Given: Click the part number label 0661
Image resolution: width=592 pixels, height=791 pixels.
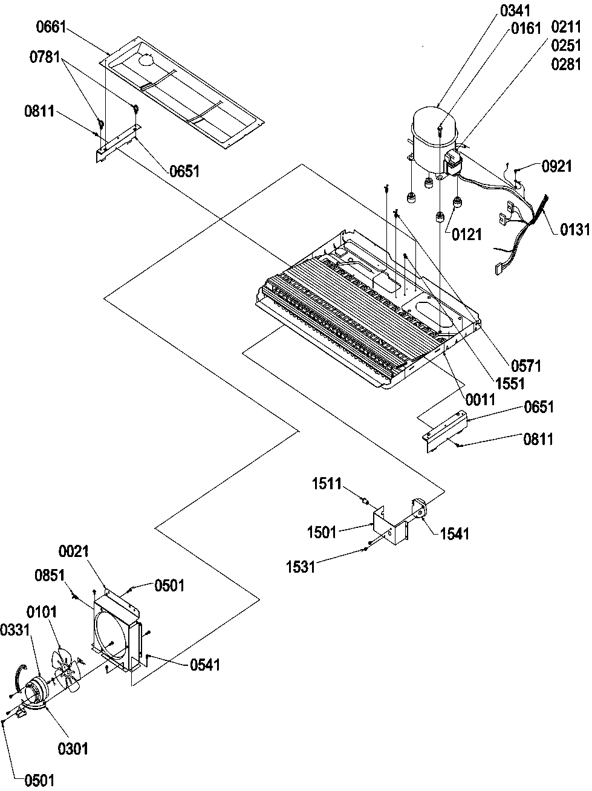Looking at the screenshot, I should [52, 28].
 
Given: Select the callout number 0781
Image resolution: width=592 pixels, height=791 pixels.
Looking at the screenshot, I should [44, 57].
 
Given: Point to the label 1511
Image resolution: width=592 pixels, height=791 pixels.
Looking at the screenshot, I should [327, 484].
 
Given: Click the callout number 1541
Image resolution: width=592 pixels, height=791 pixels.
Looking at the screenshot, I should [454, 533].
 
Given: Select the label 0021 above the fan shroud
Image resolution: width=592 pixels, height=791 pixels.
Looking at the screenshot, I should [74, 552].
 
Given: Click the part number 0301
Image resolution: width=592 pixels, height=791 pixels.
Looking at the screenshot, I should [73, 749].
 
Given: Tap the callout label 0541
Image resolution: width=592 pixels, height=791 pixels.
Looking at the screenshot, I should [205, 665].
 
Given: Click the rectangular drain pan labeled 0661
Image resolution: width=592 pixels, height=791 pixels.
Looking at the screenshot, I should [181, 91].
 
